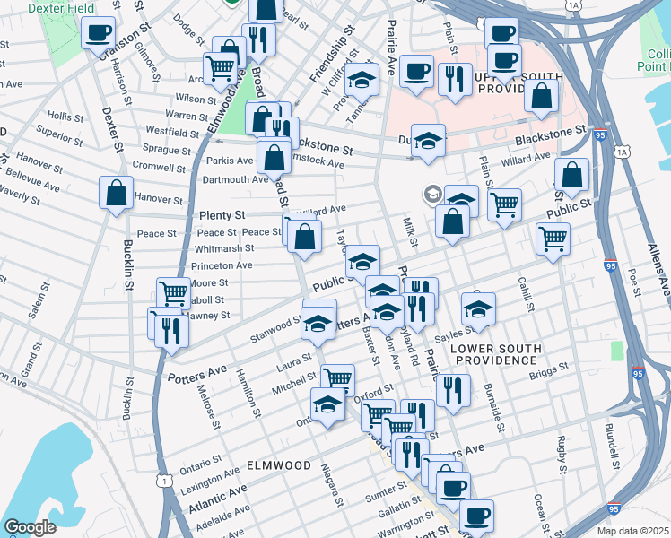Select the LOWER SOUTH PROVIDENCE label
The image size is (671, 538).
(x=495, y=353)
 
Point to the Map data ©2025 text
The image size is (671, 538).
(x=632, y=531)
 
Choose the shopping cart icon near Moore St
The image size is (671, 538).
(x=172, y=292)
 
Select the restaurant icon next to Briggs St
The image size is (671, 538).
(x=453, y=390)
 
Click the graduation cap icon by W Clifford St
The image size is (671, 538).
(x=362, y=80)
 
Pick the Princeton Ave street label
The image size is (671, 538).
(x=222, y=266)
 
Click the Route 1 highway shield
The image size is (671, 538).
(x=164, y=482)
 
